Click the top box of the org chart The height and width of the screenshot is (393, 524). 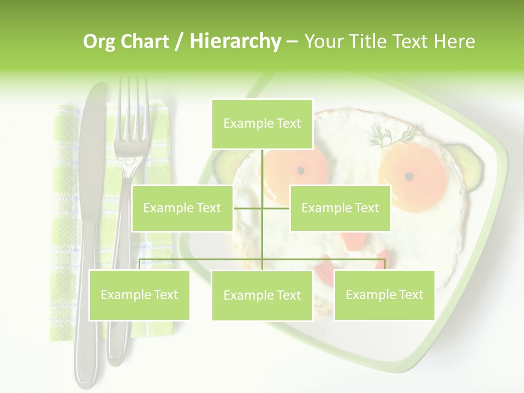(262, 124)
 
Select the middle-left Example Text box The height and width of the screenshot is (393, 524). (182, 208)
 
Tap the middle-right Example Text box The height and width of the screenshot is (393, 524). (340, 208)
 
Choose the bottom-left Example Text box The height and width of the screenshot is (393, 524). (139, 295)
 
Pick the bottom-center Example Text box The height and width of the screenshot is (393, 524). (262, 295)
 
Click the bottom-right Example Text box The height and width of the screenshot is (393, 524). (384, 295)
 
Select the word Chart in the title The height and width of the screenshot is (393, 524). (145, 41)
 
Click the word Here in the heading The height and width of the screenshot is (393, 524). (454, 41)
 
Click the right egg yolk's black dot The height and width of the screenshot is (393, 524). (409, 176)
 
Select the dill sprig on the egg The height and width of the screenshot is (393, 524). (395, 135)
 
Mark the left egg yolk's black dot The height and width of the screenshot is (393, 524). (300, 171)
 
